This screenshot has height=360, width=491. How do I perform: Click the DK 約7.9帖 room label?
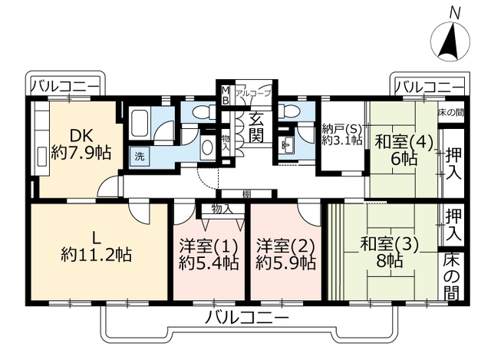tap(81, 145)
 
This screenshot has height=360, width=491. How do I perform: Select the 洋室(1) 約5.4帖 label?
tap(209, 254)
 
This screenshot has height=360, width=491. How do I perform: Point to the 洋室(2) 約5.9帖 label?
tap(285, 254)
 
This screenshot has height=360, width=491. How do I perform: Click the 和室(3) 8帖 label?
tap(389, 253)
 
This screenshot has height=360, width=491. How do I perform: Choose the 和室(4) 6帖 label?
tap(404, 150)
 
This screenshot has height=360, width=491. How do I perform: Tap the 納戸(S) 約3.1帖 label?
tap(342, 134)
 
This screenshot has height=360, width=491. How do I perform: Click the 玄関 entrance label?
tap(256, 127)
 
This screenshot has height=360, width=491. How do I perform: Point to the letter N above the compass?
tap(455, 15)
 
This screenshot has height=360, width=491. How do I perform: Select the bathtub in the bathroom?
tap(140, 124)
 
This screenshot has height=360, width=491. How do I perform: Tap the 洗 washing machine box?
tap(140, 156)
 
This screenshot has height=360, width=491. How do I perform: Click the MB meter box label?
tap(226, 95)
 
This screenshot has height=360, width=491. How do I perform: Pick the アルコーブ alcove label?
tap(252, 93)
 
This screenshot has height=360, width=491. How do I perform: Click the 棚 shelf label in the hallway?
tap(246, 194)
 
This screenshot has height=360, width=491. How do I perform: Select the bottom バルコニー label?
tap(246, 319)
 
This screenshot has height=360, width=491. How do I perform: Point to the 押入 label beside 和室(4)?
tap(453, 164)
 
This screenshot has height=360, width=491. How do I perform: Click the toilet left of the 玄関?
tap(203, 111)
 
